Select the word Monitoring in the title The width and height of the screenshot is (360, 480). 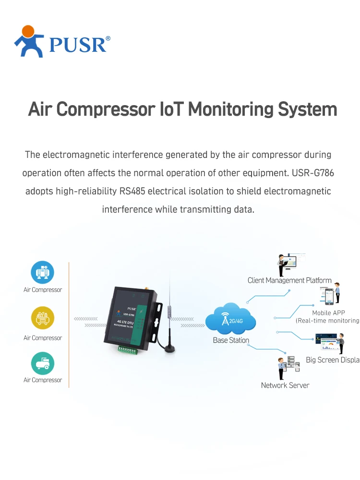[x=230, y=109]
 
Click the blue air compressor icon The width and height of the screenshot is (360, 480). [x=43, y=273]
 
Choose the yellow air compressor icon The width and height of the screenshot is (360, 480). [x=43, y=318]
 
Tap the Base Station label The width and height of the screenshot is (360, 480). [x=231, y=340]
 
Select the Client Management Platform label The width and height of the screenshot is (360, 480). [x=289, y=280]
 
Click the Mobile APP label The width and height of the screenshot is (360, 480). [x=328, y=313]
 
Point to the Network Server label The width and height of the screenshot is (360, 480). [x=285, y=385]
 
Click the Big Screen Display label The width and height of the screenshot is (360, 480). [x=333, y=360]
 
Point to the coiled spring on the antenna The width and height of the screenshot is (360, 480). [x=168, y=311]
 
